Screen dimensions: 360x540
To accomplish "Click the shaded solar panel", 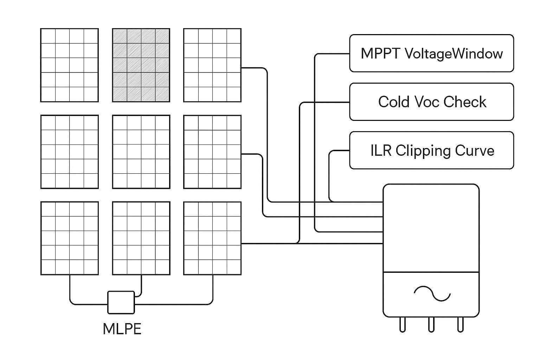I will point(141,65).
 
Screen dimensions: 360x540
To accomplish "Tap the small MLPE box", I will point(121,302).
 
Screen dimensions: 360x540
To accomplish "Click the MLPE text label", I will point(122,329).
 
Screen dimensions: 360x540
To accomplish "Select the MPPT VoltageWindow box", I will point(431,53).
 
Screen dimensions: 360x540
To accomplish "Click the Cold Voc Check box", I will point(431,102).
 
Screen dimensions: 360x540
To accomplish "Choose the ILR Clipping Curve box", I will point(431,150).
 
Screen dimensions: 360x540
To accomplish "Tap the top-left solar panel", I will point(70,65).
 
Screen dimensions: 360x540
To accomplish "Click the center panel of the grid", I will point(141,152).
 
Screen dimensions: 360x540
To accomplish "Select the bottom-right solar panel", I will point(212,238).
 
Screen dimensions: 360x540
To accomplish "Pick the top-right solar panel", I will point(212,65).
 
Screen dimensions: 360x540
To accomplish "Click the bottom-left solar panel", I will point(70,238).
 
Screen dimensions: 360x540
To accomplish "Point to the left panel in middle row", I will point(70,152).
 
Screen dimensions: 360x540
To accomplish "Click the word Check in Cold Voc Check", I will point(465,102).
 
